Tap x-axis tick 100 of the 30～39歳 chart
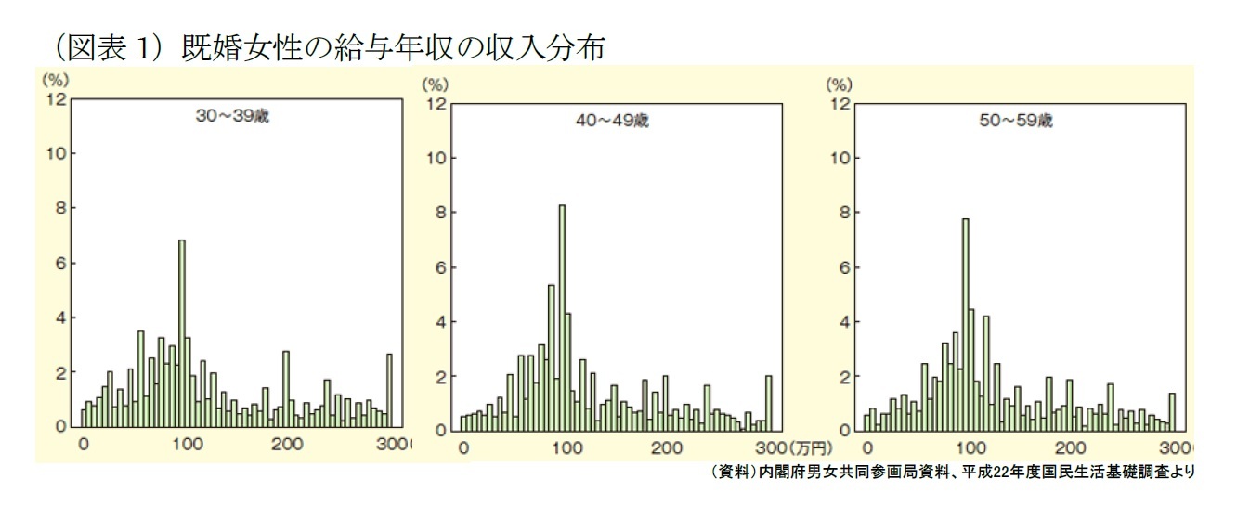coord(186,444)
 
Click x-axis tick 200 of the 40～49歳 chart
coord(666,447)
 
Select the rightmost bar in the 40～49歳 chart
coord(769,403)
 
